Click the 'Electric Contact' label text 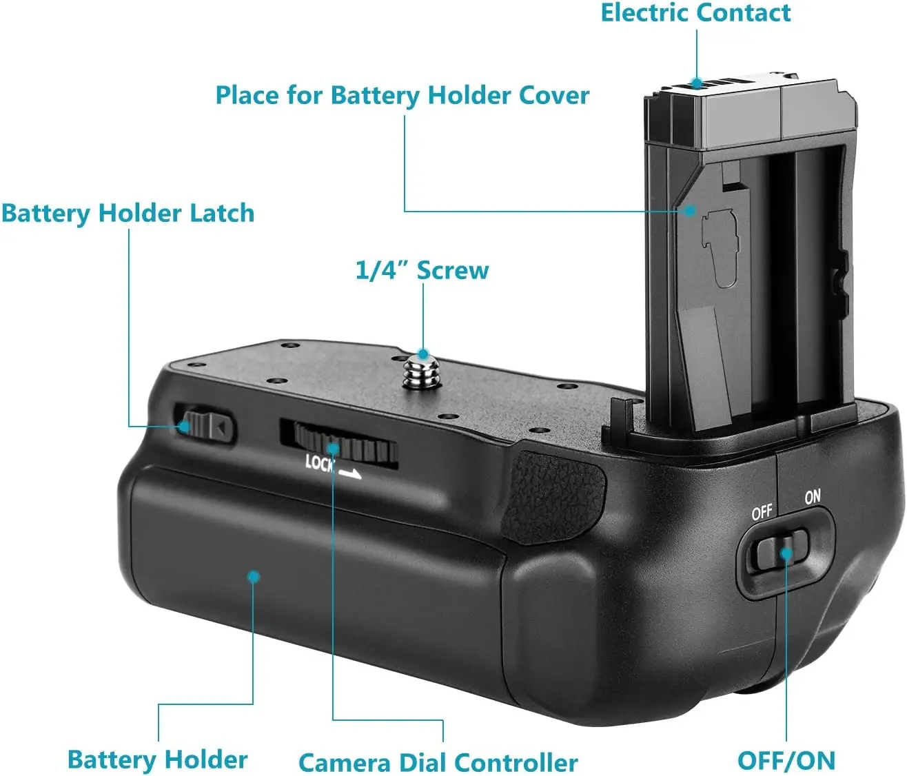[695, 13]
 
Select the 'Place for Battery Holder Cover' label [402, 96]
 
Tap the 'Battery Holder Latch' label [128, 214]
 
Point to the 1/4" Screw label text [422, 270]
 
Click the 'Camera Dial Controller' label [438, 762]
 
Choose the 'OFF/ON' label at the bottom [786, 760]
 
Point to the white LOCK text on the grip [320, 462]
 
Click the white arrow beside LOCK [350, 473]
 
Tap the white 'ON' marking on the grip [813, 496]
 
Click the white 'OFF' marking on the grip [762, 513]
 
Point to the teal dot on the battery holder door [254, 575]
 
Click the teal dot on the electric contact [697, 83]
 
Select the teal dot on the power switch [786, 553]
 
